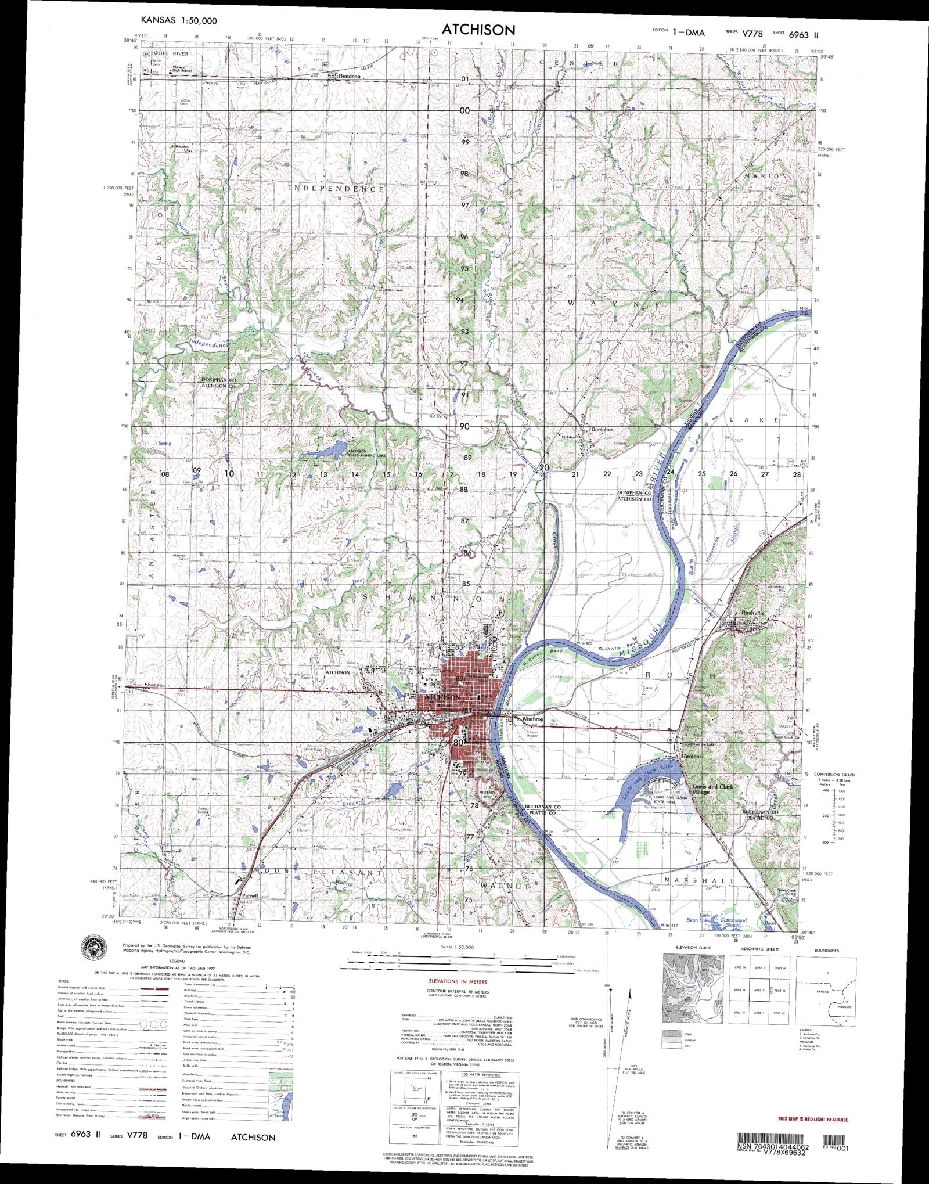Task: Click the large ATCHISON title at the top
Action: click(478, 30)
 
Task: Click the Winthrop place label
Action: click(532, 719)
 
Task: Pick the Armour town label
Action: click(693, 757)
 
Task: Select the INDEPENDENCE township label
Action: click(337, 189)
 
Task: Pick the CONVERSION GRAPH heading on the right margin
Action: click(834, 775)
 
